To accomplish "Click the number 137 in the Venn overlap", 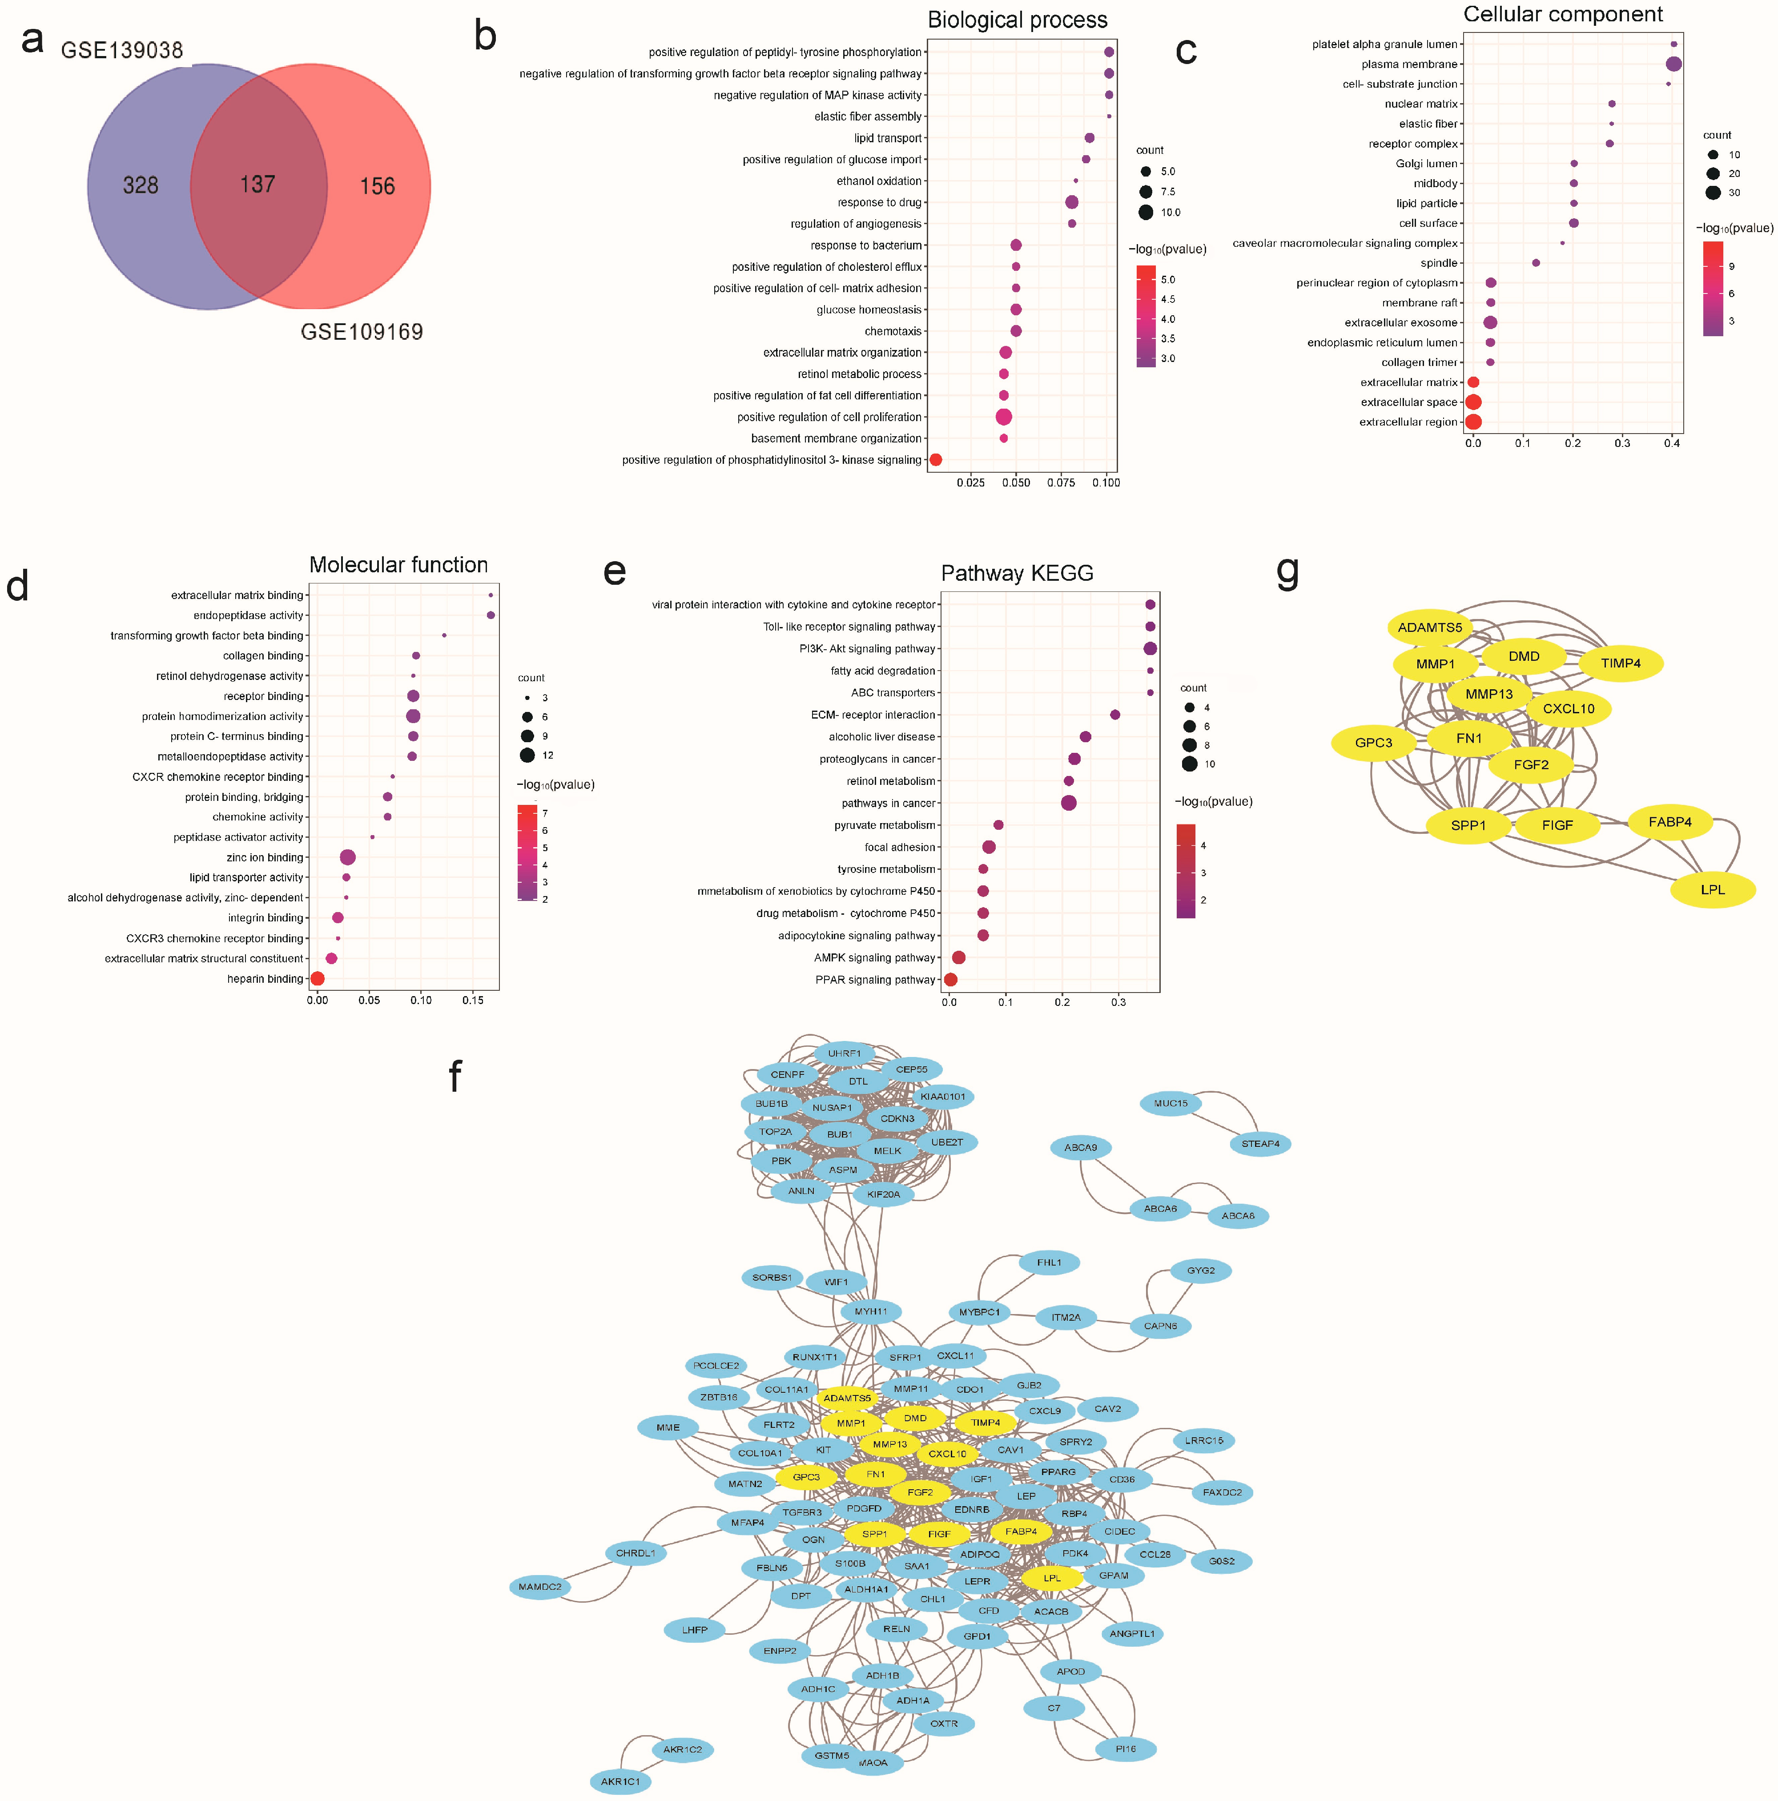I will pyautogui.click(x=257, y=185).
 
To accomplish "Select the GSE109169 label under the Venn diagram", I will pyautogui.click(x=362, y=332).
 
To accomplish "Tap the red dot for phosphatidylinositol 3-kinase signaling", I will pyautogui.click(x=935, y=459).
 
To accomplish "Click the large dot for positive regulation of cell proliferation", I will pyautogui.click(x=1003, y=417).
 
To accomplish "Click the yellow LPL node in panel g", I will pyautogui.click(x=1713, y=889).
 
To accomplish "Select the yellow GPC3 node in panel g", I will pyautogui.click(x=1373, y=743).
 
